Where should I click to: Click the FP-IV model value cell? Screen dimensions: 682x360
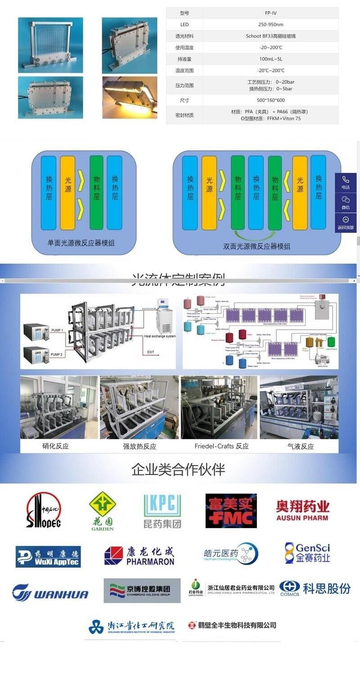[270, 13]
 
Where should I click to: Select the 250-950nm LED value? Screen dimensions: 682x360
[270, 24]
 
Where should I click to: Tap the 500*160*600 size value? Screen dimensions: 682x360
[270, 100]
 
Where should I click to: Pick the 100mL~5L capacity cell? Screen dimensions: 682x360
[270, 59]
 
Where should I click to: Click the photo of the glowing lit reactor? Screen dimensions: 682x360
[130, 97]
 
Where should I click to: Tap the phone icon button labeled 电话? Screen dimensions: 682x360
[346, 182]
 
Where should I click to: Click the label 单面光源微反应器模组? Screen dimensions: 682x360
[81, 243]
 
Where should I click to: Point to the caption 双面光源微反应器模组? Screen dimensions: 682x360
[257, 246]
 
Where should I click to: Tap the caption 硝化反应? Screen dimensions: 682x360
[55, 446]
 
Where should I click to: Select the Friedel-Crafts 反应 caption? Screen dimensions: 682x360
[221, 446]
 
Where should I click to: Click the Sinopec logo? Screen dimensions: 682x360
[43, 510]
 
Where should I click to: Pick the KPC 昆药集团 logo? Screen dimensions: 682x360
[162, 511]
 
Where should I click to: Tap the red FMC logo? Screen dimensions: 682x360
[231, 511]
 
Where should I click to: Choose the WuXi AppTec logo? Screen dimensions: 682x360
[48, 556]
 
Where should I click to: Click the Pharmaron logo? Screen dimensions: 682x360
[139, 556]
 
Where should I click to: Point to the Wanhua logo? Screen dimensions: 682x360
[50, 592]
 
